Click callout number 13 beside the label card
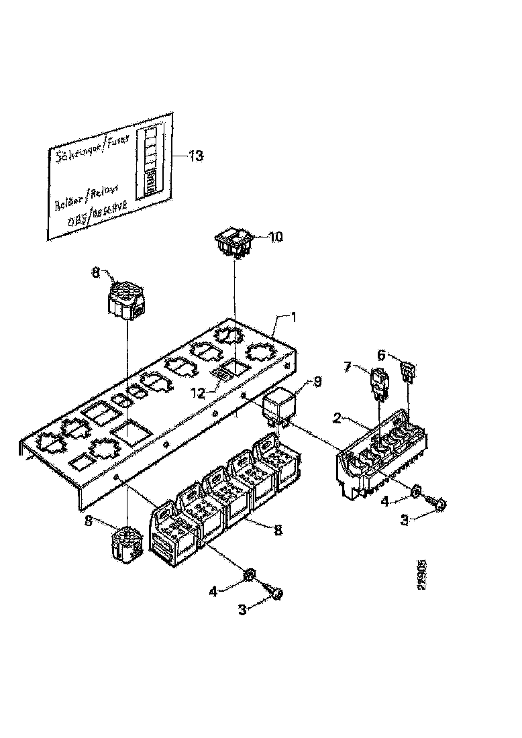[195, 156]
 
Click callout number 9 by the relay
[317, 382]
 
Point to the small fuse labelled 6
[407, 370]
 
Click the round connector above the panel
[125, 297]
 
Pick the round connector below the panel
[125, 541]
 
